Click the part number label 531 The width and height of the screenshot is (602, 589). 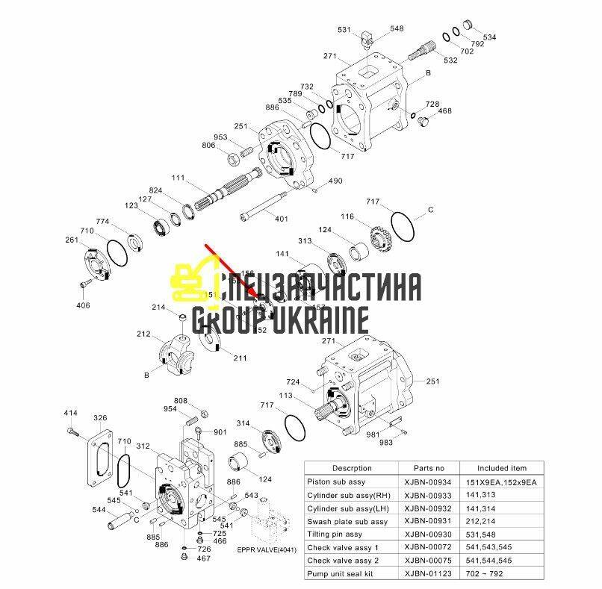(x=344, y=30)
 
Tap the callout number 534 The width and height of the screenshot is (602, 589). (x=490, y=37)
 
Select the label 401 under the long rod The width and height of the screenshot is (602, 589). (x=281, y=219)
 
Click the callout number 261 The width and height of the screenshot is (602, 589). (x=71, y=240)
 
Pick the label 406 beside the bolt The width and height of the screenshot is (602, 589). (x=83, y=305)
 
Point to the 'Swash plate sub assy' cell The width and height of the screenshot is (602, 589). (x=347, y=521)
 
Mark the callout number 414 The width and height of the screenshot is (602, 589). (x=70, y=413)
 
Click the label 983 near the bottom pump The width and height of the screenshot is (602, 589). (x=385, y=443)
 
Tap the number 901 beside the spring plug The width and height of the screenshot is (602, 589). (x=220, y=432)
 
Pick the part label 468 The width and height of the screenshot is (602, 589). (x=445, y=110)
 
